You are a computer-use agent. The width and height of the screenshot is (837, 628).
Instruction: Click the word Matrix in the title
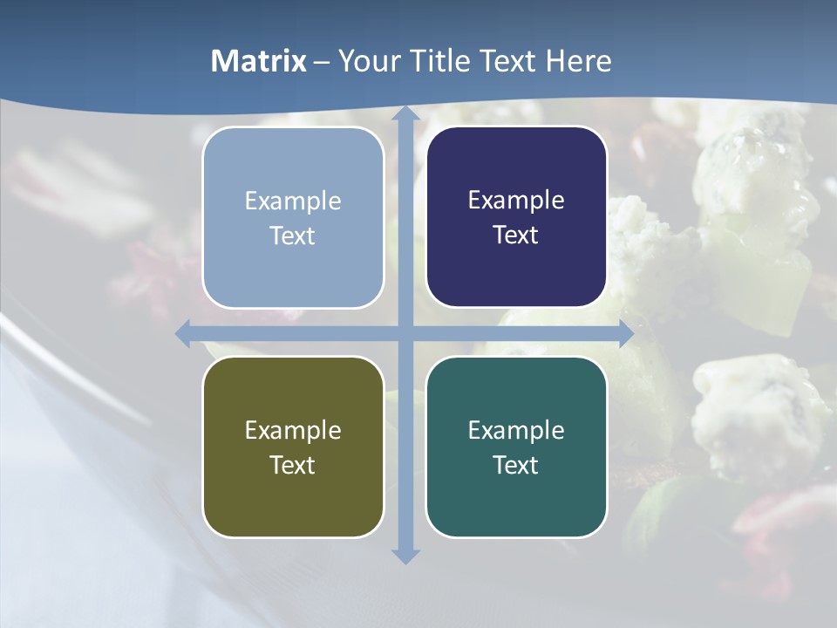pyautogui.click(x=258, y=61)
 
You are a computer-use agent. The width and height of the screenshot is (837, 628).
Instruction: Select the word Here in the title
pyautogui.click(x=578, y=61)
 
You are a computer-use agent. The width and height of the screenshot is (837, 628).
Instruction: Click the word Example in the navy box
pyautogui.click(x=516, y=201)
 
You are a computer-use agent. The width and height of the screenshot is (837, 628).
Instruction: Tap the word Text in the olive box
pyautogui.click(x=293, y=465)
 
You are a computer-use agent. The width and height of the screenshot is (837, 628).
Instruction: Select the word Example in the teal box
pyautogui.click(x=516, y=430)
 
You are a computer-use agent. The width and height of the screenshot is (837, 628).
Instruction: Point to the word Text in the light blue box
pyautogui.click(x=293, y=235)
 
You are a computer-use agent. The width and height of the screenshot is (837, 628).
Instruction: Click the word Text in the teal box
pyautogui.click(x=516, y=465)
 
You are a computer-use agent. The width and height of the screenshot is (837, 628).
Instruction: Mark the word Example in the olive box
pyautogui.click(x=293, y=430)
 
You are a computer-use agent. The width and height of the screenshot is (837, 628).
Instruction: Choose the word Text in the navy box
pyautogui.click(x=516, y=235)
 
